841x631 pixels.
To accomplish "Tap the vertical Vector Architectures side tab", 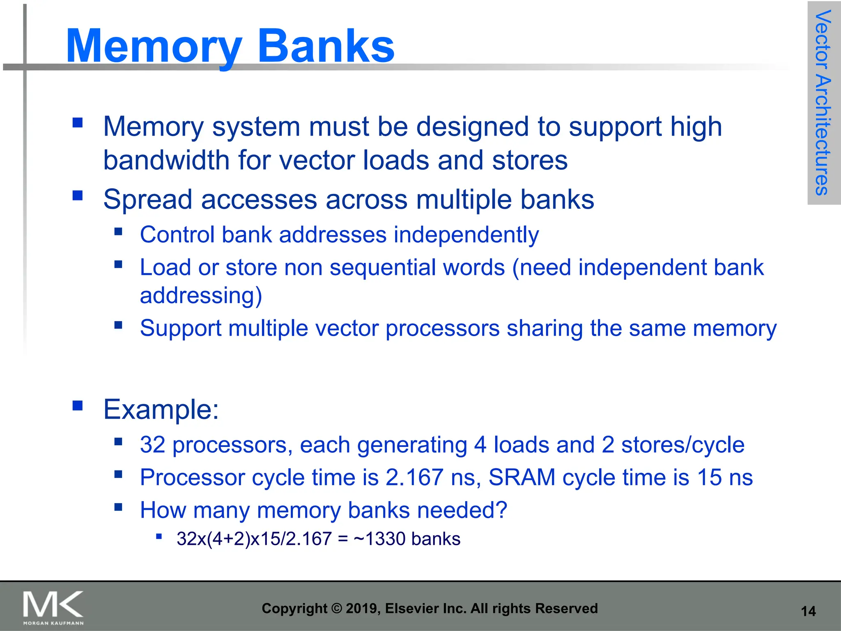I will [x=823, y=103].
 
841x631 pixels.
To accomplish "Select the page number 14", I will [x=808, y=611].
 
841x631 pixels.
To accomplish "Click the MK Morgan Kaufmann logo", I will [x=53, y=607].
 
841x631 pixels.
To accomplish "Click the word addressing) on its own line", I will [x=201, y=296].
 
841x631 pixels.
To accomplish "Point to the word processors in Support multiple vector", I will [x=442, y=329].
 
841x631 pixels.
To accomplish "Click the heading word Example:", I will [x=161, y=410].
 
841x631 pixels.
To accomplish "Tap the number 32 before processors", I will [x=152, y=445].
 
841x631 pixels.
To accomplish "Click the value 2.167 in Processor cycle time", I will [x=414, y=478].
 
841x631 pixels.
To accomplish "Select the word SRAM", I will [x=522, y=478].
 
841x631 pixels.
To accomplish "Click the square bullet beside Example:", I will [x=78, y=406].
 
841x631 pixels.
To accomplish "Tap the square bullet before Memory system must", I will [x=78, y=122].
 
